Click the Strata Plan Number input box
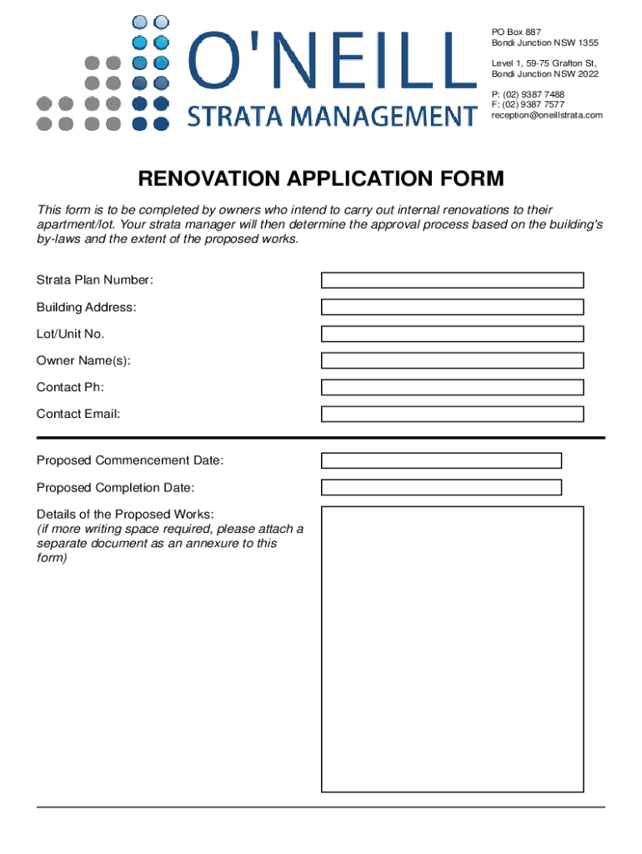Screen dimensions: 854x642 point(453,280)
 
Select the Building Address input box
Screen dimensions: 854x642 point(453,307)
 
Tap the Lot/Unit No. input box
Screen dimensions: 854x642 point(453,334)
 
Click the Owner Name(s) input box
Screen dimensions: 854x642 point(453,360)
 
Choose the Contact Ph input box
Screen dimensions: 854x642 point(453,387)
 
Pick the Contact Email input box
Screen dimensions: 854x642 point(453,414)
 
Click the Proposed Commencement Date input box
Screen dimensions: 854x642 point(441,460)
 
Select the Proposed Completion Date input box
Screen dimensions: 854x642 point(441,487)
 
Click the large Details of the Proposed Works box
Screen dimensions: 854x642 point(453,648)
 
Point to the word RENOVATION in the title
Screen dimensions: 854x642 point(209,179)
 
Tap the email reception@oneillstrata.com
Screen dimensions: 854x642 point(546,115)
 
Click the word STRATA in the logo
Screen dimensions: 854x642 point(224,115)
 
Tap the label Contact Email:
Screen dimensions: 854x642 point(78,414)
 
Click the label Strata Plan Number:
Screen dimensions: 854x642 point(95,280)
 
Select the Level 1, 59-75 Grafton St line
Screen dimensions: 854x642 point(544,63)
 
